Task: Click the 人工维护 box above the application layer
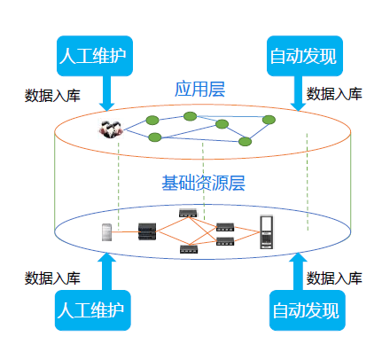click(x=95, y=56)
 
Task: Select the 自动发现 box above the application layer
click(x=305, y=56)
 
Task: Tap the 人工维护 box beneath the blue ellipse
click(x=93, y=310)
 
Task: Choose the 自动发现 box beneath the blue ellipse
click(x=308, y=310)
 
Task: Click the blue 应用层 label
click(x=200, y=90)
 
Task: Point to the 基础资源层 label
click(x=203, y=183)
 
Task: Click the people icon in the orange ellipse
click(x=111, y=129)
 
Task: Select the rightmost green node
click(x=269, y=120)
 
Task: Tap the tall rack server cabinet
click(x=266, y=232)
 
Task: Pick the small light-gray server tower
click(x=106, y=232)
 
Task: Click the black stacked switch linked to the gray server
click(x=147, y=231)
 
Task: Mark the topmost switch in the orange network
click(x=188, y=213)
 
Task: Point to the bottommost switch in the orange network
click(x=189, y=249)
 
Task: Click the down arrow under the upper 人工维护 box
click(x=106, y=93)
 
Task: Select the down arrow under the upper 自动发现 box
click(x=298, y=93)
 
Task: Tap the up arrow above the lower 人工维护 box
click(x=106, y=271)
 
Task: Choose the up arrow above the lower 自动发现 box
click(x=298, y=271)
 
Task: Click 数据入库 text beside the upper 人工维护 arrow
click(x=52, y=96)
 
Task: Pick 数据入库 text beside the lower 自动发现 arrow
click(x=334, y=278)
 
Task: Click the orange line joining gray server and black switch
click(x=125, y=232)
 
